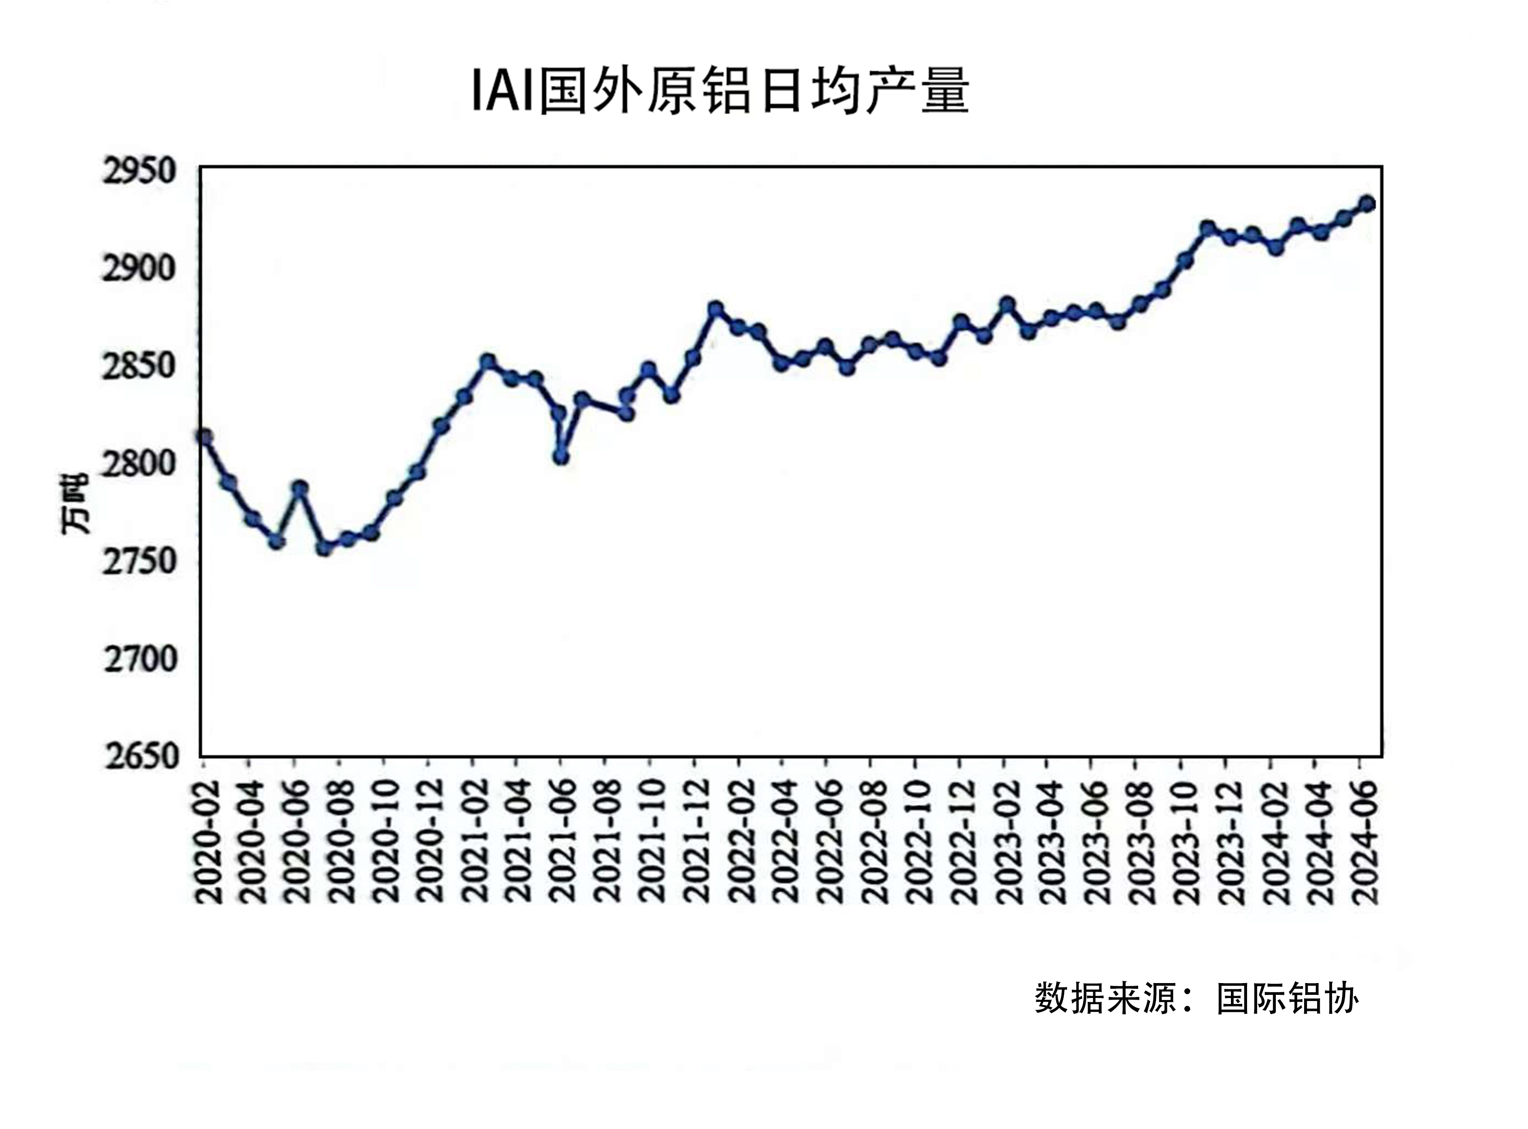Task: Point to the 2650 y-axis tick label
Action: coord(141,757)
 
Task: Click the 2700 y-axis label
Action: coord(141,659)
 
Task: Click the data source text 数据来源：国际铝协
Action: coord(1196,998)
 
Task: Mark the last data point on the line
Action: coord(1367,204)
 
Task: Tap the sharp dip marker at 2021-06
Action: coord(561,456)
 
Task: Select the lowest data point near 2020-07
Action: coord(324,548)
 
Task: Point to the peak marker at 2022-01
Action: coord(716,309)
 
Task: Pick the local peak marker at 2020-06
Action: coord(299,488)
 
